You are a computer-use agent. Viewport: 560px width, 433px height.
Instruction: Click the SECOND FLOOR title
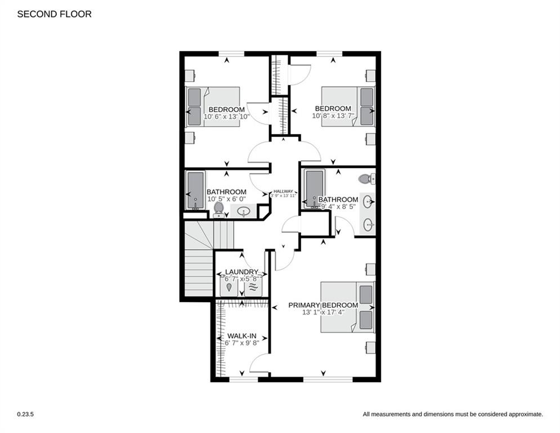pyautogui.click(x=54, y=14)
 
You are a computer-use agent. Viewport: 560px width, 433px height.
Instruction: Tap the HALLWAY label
pyautogui.click(x=284, y=191)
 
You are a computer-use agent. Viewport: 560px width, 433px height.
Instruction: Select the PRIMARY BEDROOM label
pyautogui.click(x=323, y=305)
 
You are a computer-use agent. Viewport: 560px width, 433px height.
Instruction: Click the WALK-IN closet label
pyautogui.click(x=241, y=335)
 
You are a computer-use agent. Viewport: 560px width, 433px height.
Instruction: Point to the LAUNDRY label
pyautogui.click(x=241, y=272)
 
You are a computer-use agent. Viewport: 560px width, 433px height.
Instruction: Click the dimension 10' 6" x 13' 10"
pyautogui.click(x=226, y=116)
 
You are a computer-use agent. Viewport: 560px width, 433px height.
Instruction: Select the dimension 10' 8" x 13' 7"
pyautogui.click(x=332, y=116)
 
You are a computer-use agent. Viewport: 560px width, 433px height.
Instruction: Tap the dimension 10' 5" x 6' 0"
pyautogui.click(x=226, y=199)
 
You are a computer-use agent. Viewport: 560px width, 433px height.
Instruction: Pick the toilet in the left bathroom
pyautogui.click(x=219, y=209)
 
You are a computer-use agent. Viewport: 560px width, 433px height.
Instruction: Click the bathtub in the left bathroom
pyautogui.click(x=195, y=191)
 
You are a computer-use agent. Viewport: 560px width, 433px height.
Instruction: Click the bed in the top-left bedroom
pyautogui.click(x=213, y=106)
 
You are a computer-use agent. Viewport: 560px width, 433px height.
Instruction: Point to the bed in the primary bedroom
pyautogui.click(x=347, y=307)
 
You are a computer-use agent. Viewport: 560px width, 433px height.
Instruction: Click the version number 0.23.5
pyautogui.click(x=25, y=414)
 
